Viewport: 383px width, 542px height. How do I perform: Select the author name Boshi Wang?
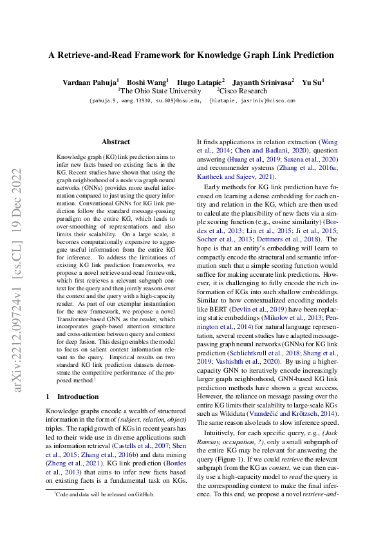click(147, 82)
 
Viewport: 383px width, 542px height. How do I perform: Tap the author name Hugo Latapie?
click(201, 82)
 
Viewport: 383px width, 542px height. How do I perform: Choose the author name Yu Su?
click(313, 82)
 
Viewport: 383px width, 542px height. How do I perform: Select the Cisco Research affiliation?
click(245, 91)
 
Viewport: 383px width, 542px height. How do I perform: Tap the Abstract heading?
click(116, 142)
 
